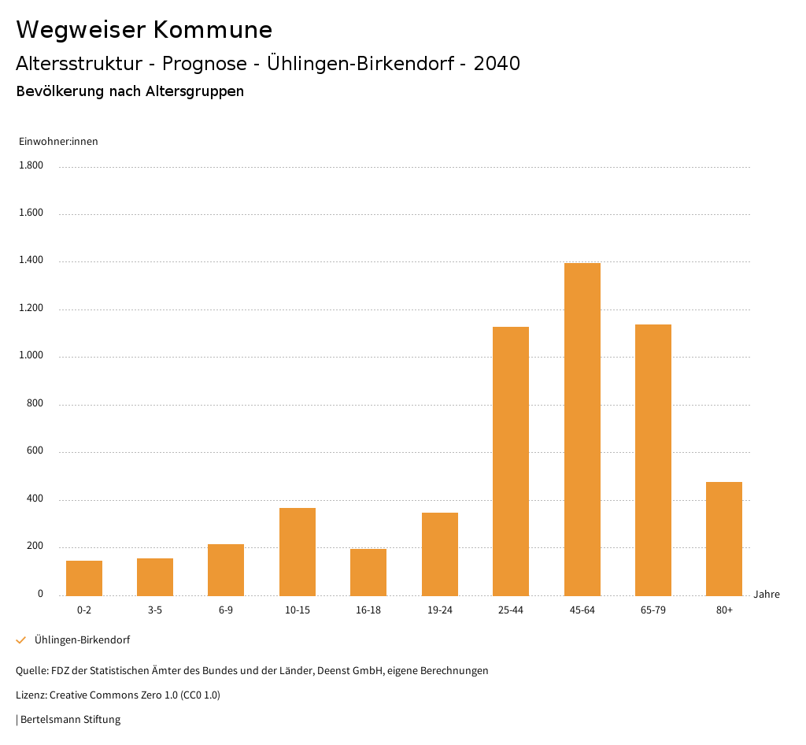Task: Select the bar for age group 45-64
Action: [x=582, y=429]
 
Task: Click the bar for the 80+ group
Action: [x=724, y=539]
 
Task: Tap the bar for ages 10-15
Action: [x=298, y=551]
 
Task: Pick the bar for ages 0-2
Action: [x=84, y=578]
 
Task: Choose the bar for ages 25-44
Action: [x=511, y=461]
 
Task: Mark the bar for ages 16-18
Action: [x=368, y=572]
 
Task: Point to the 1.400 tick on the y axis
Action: [x=32, y=261]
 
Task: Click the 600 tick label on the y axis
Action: [x=35, y=451]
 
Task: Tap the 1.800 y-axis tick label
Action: [x=32, y=165]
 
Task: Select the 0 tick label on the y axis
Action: [x=40, y=594]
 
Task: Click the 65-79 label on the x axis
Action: [x=653, y=610]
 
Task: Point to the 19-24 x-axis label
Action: [x=440, y=610]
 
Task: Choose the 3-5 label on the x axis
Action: [x=155, y=610]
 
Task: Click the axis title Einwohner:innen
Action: [x=58, y=142]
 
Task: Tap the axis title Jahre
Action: [x=767, y=595]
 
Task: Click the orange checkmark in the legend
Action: [x=21, y=640]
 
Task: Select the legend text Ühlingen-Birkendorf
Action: [x=82, y=640]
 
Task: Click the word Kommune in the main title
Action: [x=213, y=30]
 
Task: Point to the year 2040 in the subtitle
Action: [x=497, y=64]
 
